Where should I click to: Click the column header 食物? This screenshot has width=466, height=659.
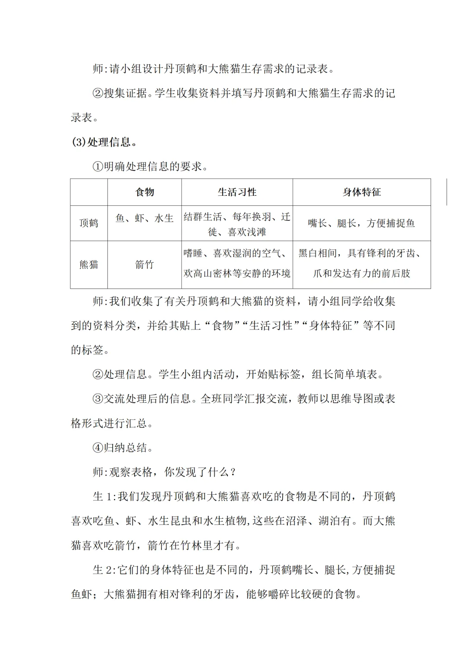click(145, 192)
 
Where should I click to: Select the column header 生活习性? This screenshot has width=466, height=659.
click(237, 192)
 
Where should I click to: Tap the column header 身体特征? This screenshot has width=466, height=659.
click(362, 192)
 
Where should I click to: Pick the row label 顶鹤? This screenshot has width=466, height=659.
click(89, 223)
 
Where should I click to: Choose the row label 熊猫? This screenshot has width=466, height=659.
click(89, 264)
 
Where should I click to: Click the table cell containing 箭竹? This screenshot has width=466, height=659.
click(145, 264)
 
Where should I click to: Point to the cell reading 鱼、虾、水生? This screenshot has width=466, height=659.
click(145, 219)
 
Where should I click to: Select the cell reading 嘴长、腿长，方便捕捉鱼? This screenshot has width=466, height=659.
click(362, 223)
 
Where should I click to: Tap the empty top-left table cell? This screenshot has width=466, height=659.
click(89, 192)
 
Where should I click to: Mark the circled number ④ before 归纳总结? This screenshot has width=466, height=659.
click(98, 448)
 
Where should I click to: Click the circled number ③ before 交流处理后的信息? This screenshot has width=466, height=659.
click(98, 399)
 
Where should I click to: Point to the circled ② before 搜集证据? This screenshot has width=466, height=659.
click(98, 93)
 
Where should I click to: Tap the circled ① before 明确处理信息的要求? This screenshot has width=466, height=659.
click(98, 166)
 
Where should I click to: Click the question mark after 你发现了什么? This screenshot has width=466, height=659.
click(233, 472)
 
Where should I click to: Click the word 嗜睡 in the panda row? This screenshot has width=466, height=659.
click(193, 254)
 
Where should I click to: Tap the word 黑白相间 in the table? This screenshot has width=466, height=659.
click(318, 254)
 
